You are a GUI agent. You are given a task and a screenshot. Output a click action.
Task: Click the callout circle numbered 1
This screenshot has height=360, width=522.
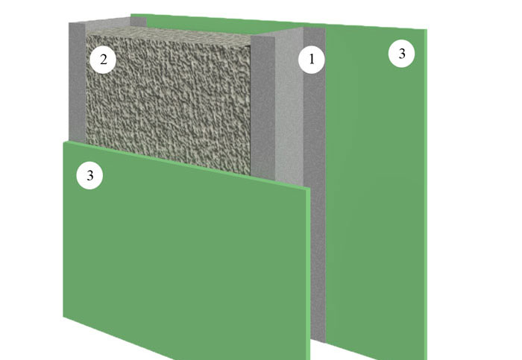tap(312, 59)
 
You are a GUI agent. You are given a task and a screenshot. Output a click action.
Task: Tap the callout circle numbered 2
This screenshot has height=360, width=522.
tap(103, 60)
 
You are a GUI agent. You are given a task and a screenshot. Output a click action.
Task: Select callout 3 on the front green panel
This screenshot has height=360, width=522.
tap(90, 175)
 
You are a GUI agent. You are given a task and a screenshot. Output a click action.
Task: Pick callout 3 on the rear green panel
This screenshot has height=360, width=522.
tap(401, 54)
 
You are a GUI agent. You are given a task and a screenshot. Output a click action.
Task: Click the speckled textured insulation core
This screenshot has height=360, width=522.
tap(168, 100)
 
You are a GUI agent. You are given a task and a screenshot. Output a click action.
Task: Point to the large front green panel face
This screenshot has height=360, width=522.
tap(185, 253)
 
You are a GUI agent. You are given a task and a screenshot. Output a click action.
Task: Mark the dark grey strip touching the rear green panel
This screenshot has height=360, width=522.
tap(315, 200)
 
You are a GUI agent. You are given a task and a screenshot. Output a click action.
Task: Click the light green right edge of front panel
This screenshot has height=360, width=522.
tap(308, 274)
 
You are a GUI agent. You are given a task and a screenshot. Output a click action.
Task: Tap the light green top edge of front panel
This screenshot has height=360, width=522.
tap(187, 164)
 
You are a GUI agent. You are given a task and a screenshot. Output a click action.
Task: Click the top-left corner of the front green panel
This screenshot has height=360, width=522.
tap(63, 142)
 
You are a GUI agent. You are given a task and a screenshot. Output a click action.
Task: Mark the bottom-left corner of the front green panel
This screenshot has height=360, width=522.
tap(63, 317)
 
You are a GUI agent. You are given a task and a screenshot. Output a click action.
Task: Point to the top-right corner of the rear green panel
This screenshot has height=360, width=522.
tap(427, 30)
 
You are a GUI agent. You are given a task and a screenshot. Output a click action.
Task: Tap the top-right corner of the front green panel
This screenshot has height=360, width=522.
tap(311, 188)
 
